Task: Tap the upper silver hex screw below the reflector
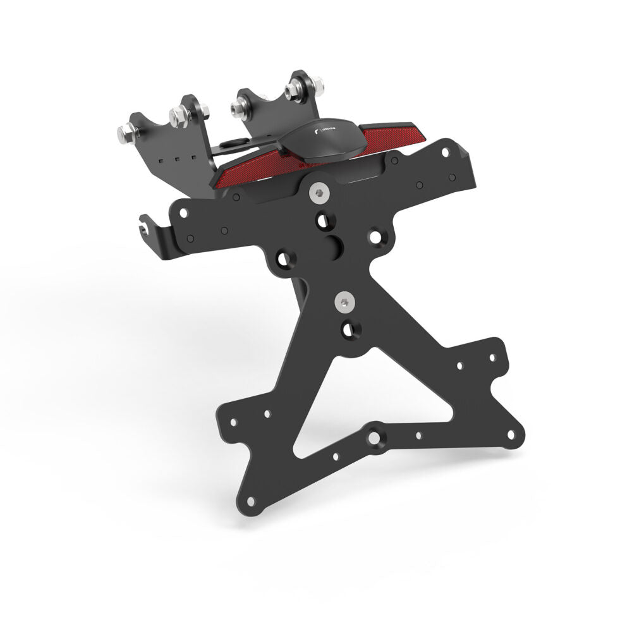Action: [319, 191]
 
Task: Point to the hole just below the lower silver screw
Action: [348, 328]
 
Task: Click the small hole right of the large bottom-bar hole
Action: [418, 435]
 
